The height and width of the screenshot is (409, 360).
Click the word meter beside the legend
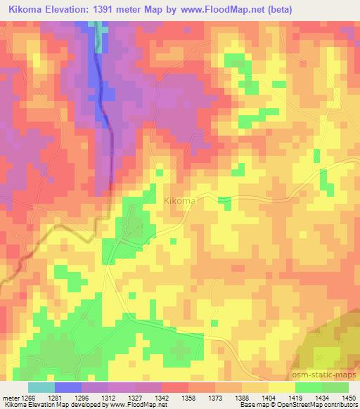point(11,398)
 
